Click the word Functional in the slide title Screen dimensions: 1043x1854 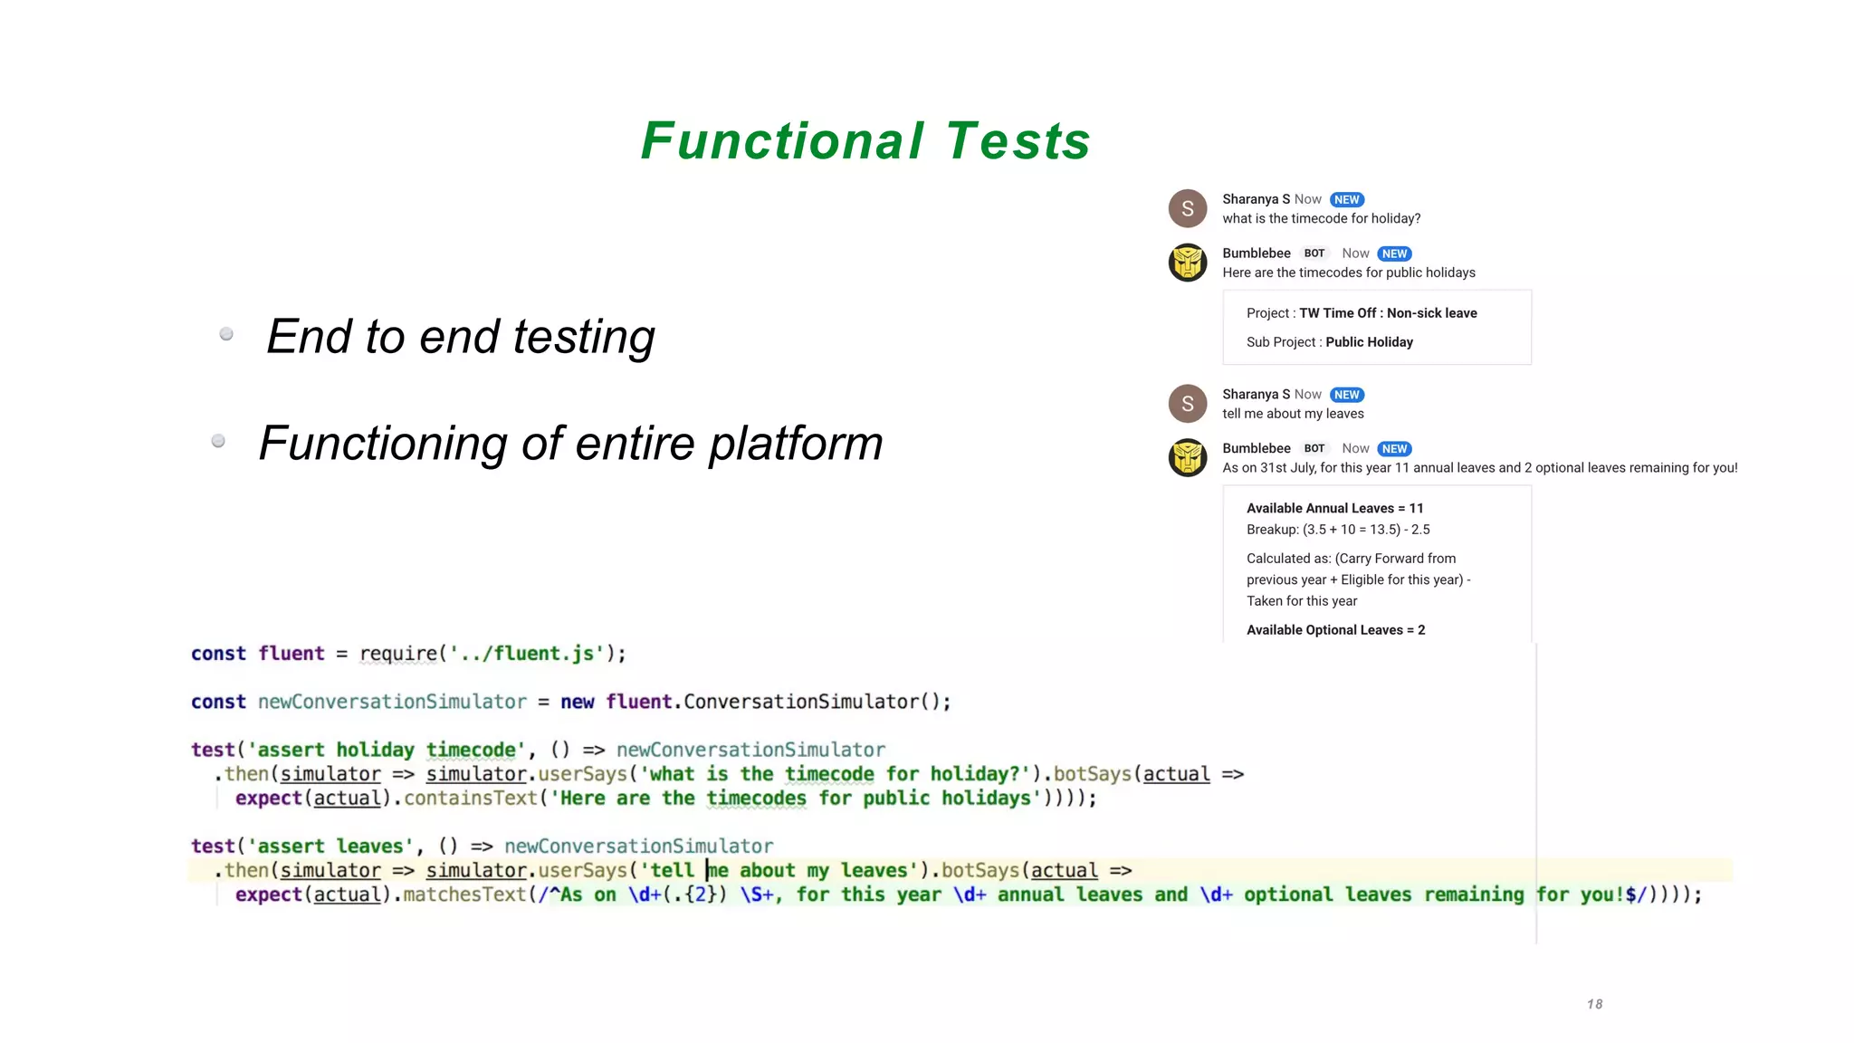pos(782,141)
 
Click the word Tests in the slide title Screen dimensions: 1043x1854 pos(1018,141)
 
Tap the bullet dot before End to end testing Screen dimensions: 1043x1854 pos(226,334)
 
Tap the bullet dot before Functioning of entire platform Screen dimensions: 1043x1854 pos(218,441)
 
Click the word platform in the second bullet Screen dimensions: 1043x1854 pos(795,444)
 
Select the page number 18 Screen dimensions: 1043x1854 pos(1594,1003)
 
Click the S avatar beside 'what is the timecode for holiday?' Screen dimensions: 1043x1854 pos(1187,208)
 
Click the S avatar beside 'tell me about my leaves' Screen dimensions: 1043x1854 pos(1187,404)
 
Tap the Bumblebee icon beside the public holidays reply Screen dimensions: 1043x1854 pos(1187,263)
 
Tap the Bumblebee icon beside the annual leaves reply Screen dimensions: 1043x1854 pos(1187,457)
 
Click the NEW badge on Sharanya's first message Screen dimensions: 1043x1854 pos(1346,199)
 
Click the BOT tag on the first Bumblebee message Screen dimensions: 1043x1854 pos(1314,254)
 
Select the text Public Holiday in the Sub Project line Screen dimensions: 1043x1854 pos(1369,342)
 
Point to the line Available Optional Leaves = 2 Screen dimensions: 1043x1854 pos(1335,630)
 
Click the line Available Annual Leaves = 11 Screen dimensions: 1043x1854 pos(1334,508)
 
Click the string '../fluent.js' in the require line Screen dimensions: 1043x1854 pos(526,654)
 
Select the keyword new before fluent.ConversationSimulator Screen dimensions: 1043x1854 pos(577,702)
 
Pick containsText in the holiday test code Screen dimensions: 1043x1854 pos(470,799)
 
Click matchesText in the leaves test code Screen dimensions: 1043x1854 pos(464,895)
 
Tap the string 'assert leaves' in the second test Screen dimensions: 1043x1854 pos(330,847)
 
